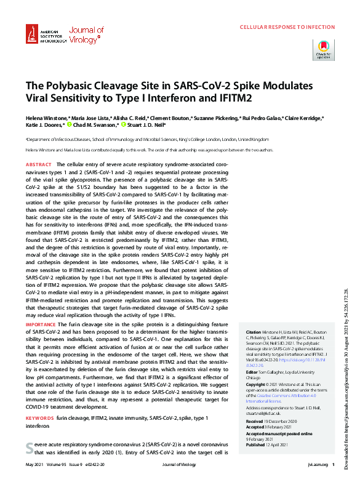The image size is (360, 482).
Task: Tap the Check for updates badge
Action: tap(324, 50)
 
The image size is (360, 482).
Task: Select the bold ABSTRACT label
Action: tap(39, 165)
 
